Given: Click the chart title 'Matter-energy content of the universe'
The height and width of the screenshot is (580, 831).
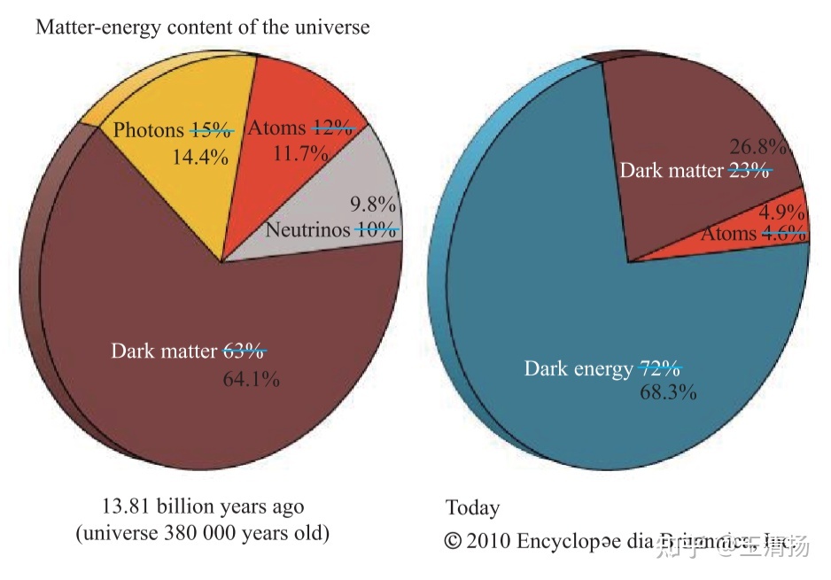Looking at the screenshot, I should (202, 27).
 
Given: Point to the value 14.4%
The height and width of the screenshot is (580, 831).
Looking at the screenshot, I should (200, 158).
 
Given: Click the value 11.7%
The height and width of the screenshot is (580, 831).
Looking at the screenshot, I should (300, 153).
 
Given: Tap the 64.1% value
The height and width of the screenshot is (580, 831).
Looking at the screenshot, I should (251, 380).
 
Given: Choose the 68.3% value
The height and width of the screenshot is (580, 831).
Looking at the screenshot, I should (668, 391).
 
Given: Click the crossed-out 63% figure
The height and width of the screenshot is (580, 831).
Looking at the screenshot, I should (244, 351).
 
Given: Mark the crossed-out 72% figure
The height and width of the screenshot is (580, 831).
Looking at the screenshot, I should (659, 367).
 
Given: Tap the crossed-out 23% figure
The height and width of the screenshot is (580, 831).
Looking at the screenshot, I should (749, 170).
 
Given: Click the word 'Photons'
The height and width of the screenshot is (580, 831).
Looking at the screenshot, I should (148, 130).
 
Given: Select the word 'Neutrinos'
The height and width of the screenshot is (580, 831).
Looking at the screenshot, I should (308, 230).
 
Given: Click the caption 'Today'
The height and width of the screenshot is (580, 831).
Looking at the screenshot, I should (472, 508).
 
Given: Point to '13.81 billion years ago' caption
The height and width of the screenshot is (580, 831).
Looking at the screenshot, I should (203, 507).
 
